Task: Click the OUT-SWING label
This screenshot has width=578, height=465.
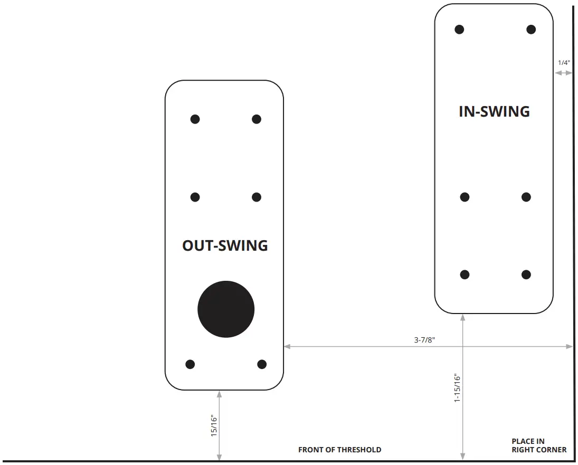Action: pyautogui.click(x=225, y=245)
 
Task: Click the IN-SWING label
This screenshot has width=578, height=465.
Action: pyautogui.click(x=494, y=111)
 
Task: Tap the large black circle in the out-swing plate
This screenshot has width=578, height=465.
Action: pyautogui.click(x=226, y=309)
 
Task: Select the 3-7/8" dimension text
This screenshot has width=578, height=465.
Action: pyautogui.click(x=424, y=340)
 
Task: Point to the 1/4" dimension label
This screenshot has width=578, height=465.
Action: pyautogui.click(x=564, y=63)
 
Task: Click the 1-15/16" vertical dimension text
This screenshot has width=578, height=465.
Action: pyautogui.click(x=458, y=388)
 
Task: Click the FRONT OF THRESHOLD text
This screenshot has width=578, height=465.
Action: pyautogui.click(x=339, y=450)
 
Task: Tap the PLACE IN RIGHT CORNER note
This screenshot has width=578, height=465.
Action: pyautogui.click(x=538, y=445)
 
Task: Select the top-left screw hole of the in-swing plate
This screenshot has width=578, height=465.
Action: pyautogui.click(x=459, y=29)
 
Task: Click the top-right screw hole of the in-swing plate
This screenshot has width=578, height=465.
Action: pyautogui.click(x=531, y=29)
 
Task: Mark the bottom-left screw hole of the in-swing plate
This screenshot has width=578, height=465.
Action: pyautogui.click(x=465, y=274)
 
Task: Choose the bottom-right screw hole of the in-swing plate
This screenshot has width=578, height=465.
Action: pyautogui.click(x=526, y=274)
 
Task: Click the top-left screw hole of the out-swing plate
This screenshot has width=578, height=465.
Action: pyautogui.click(x=195, y=119)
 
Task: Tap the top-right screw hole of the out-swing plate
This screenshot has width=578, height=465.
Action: pyautogui.click(x=257, y=119)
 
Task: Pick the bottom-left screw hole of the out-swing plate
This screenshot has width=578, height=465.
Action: pyautogui.click(x=190, y=364)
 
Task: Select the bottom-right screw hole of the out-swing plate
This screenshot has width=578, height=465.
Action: pyautogui.click(x=262, y=364)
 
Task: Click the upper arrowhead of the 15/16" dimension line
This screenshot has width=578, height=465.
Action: pyautogui.click(x=219, y=394)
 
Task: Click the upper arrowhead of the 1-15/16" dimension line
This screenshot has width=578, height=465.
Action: pyautogui.click(x=463, y=318)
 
